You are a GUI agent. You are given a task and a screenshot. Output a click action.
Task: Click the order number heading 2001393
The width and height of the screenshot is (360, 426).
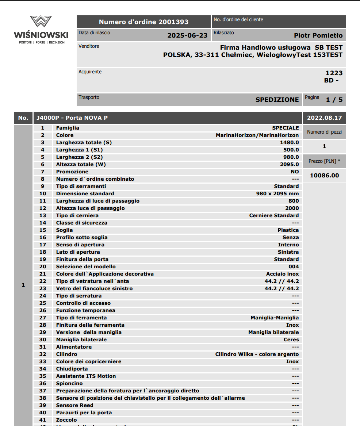pyautogui.click(x=143, y=22)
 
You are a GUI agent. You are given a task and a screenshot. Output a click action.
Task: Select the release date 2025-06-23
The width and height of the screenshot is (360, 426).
pyautogui.click(x=187, y=35)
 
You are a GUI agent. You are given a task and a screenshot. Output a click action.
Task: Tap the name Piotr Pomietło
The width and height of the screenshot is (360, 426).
pyautogui.click(x=318, y=35)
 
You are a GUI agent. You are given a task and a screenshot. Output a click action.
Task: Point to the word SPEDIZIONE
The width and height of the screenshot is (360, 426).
pyautogui.click(x=277, y=100)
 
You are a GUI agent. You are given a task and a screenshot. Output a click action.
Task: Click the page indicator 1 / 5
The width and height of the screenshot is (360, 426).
pyautogui.click(x=334, y=100)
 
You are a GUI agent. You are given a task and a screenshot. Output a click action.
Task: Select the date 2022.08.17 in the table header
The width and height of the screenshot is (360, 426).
pyautogui.click(x=324, y=118)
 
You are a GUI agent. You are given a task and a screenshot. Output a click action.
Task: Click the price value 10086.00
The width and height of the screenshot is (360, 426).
pyautogui.click(x=324, y=176)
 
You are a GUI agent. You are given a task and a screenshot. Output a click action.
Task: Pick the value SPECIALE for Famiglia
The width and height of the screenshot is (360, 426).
pyautogui.click(x=285, y=128)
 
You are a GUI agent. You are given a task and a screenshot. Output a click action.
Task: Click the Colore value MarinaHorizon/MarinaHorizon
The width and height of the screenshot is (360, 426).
pyautogui.click(x=257, y=135)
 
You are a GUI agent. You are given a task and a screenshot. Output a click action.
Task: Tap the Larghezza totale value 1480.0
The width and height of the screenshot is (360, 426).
pyautogui.click(x=289, y=143)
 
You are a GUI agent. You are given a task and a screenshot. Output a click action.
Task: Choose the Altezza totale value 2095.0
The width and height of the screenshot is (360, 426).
pyautogui.click(x=289, y=165)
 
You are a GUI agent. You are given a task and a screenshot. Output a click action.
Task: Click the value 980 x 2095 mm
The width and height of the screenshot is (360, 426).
pyautogui.click(x=277, y=194)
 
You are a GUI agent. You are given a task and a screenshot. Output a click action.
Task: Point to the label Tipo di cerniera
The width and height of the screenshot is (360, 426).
pyautogui.click(x=77, y=216)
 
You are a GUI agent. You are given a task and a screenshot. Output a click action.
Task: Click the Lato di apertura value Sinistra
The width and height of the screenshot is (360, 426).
pyautogui.click(x=288, y=252)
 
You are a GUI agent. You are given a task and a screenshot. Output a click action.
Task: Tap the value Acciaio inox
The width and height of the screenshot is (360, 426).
pyautogui.click(x=282, y=274)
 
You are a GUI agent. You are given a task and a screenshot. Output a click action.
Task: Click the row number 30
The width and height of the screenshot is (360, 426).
pyautogui.click(x=43, y=340)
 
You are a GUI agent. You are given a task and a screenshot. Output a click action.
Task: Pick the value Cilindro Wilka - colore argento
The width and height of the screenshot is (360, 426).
pyautogui.click(x=257, y=354)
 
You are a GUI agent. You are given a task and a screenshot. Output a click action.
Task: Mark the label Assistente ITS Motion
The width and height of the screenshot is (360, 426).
pyautogui.click(x=86, y=376)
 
